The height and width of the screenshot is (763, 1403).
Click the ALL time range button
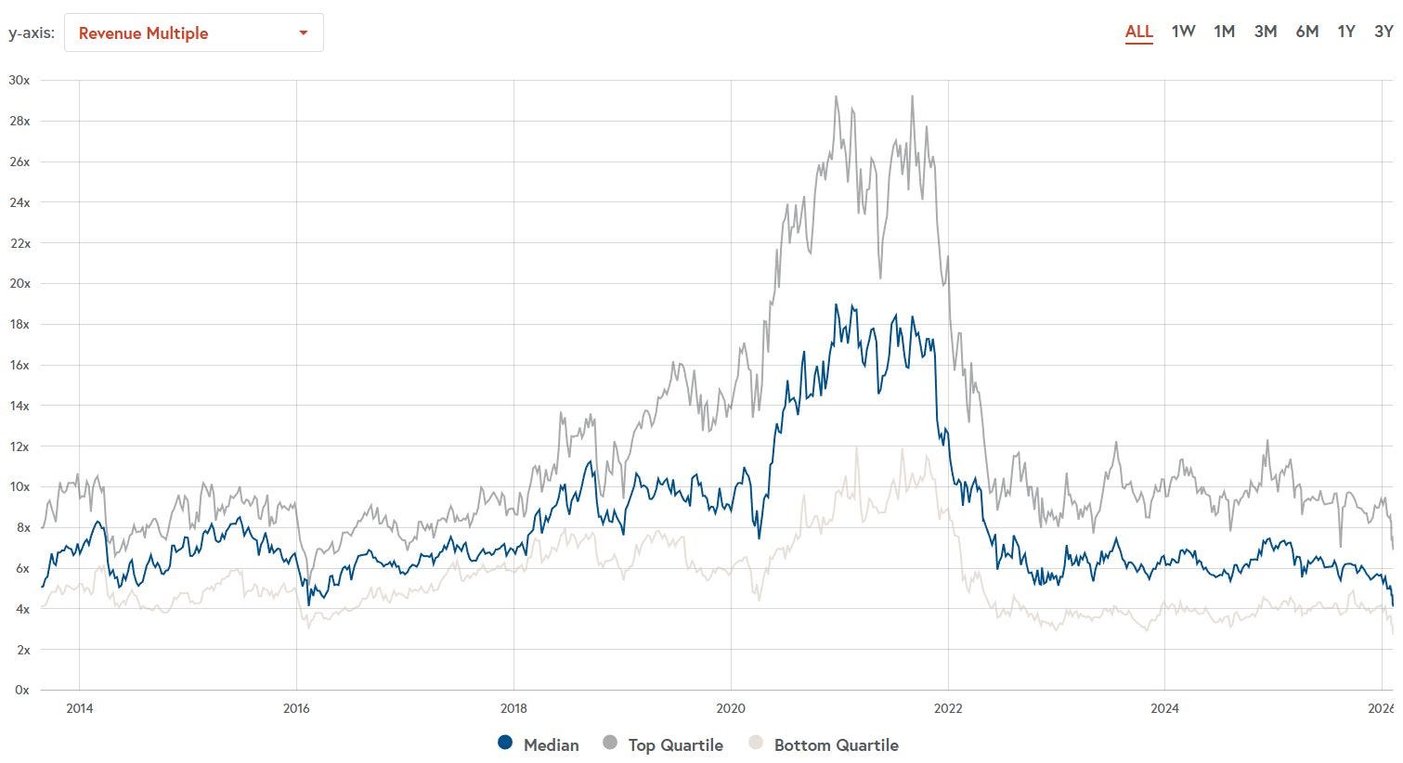click(1138, 32)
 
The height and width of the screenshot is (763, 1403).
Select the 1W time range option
click(1183, 32)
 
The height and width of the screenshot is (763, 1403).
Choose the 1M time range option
click(1224, 32)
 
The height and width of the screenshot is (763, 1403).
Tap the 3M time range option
click(1266, 32)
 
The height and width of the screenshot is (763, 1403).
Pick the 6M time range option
click(1307, 32)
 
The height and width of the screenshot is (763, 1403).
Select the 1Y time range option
click(1346, 32)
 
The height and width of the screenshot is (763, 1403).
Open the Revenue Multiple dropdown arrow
click(303, 32)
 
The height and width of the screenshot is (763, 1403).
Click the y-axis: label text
click(32, 32)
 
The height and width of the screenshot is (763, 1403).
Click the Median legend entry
click(538, 744)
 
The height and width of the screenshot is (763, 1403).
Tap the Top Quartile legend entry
click(663, 744)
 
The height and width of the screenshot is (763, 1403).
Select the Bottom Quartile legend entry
click(824, 744)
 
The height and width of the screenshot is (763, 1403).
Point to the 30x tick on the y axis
click(19, 80)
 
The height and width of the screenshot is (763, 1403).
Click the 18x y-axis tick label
click(19, 324)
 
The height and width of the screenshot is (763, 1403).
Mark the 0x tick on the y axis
click(22, 690)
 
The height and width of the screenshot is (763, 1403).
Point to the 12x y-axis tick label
click(19, 446)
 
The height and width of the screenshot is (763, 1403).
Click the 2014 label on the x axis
click(80, 708)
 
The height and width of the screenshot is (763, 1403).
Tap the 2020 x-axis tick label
click(731, 708)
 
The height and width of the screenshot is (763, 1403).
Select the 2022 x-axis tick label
click(948, 708)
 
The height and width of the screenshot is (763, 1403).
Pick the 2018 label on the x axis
click(513, 708)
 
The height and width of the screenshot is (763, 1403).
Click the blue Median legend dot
click(505, 743)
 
